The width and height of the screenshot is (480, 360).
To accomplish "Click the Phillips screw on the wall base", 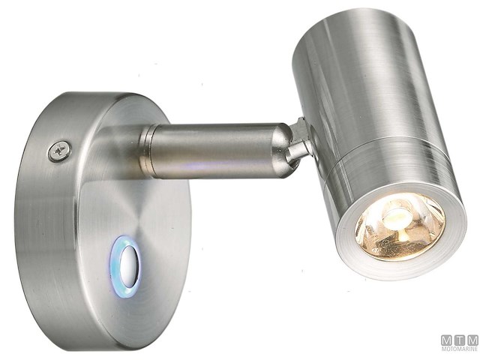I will (59, 151).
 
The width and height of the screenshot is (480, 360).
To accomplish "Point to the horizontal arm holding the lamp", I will (217, 149).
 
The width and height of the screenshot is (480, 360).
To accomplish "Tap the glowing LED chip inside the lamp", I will (397, 218).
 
